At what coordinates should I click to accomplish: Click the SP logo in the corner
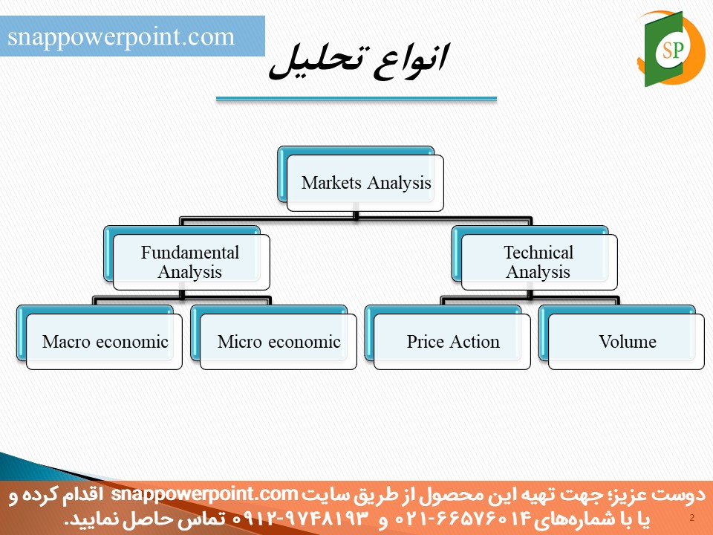click(x=671, y=49)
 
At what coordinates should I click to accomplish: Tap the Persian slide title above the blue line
click(x=359, y=62)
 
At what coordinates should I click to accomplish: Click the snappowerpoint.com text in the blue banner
click(x=121, y=36)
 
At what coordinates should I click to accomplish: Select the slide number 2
click(x=692, y=517)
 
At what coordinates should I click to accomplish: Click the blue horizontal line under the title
click(x=356, y=98)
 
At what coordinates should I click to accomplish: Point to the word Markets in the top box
click(x=331, y=183)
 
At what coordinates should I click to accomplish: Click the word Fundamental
click(x=190, y=253)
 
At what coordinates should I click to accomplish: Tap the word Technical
click(x=538, y=253)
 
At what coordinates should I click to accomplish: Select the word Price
click(x=425, y=341)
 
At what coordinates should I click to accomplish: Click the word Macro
click(x=66, y=341)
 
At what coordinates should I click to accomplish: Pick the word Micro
click(x=239, y=341)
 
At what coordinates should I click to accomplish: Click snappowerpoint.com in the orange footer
click(x=205, y=494)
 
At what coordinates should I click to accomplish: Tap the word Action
click(x=474, y=341)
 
